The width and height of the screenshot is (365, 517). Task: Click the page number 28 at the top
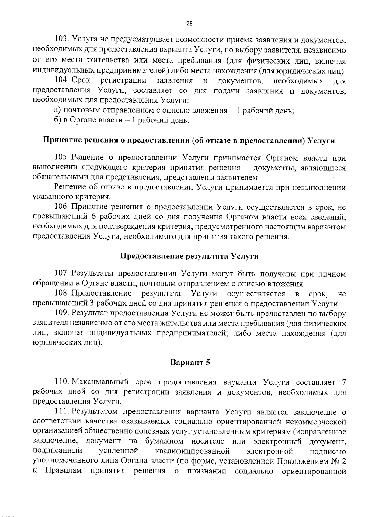[x=189, y=24]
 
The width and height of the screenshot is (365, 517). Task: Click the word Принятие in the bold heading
[x=61, y=141]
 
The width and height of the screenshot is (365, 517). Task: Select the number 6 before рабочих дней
[x=93, y=217]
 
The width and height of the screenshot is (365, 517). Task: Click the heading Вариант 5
[x=190, y=363]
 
